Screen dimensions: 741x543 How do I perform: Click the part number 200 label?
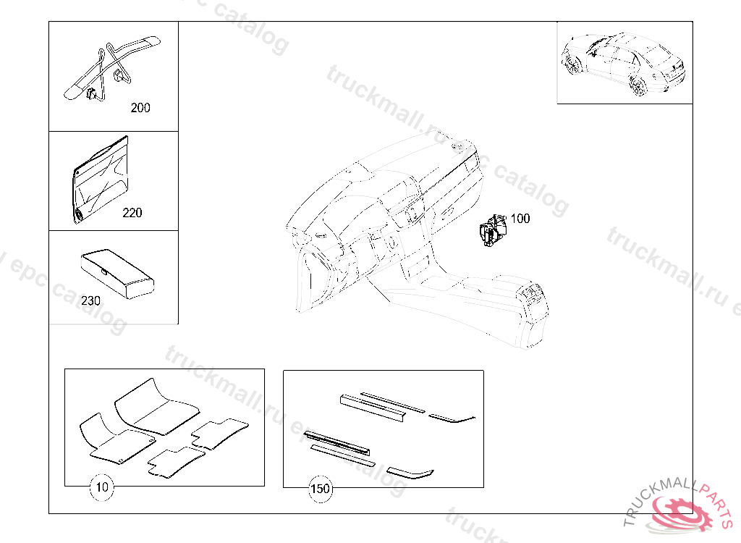pos(140,108)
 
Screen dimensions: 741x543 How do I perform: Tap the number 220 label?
pos(132,213)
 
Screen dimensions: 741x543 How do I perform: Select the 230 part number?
pos(90,300)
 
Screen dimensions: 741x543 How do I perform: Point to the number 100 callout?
pos(520,219)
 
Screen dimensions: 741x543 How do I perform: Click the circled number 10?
pos(102,488)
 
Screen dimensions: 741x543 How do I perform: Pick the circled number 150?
pos(320,489)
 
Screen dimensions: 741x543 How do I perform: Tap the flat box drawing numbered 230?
pos(116,274)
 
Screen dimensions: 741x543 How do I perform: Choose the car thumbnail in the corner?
pos(624,63)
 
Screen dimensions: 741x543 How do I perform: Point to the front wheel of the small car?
pos(575,66)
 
